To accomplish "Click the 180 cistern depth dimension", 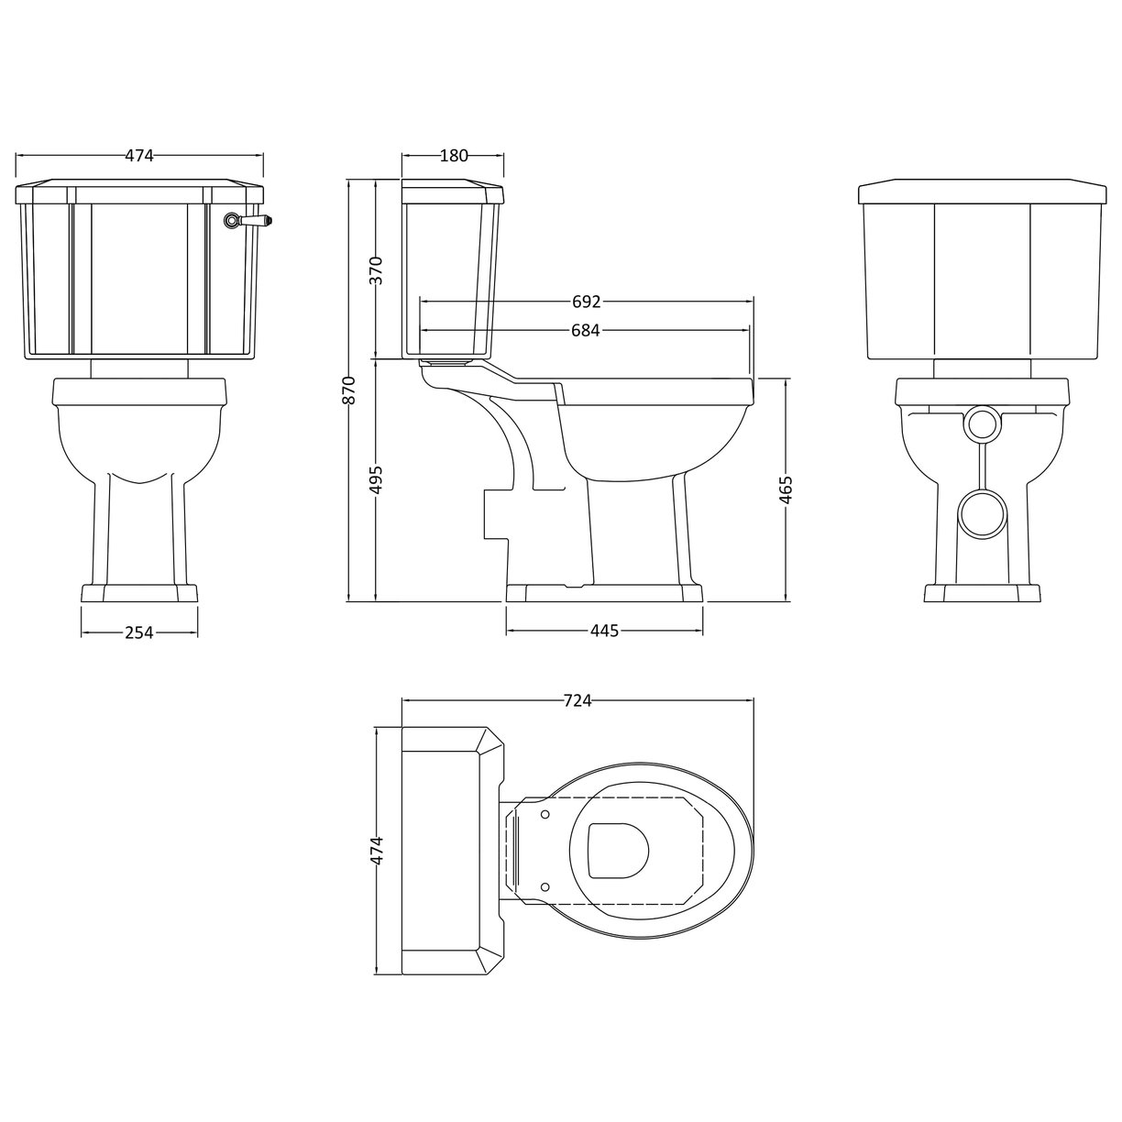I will pos(454,156).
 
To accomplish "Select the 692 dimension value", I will pos(586,302).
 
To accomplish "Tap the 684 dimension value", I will pos(586,330).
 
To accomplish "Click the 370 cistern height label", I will pos(376,270).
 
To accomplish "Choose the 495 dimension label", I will pos(376,479).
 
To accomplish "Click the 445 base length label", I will pos(605,631).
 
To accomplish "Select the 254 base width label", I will pos(139,632).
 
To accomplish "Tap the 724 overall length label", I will pos(577,701).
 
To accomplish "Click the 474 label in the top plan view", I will pos(378,852).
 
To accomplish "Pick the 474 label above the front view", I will pos(139,156).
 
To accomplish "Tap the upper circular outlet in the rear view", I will pos(982,422).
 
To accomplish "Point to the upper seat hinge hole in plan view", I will pos(546,812).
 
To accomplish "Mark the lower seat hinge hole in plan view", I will pos(546,885).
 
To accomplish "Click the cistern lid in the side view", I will pos(454,192).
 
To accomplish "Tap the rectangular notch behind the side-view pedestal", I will pos(495,513).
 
